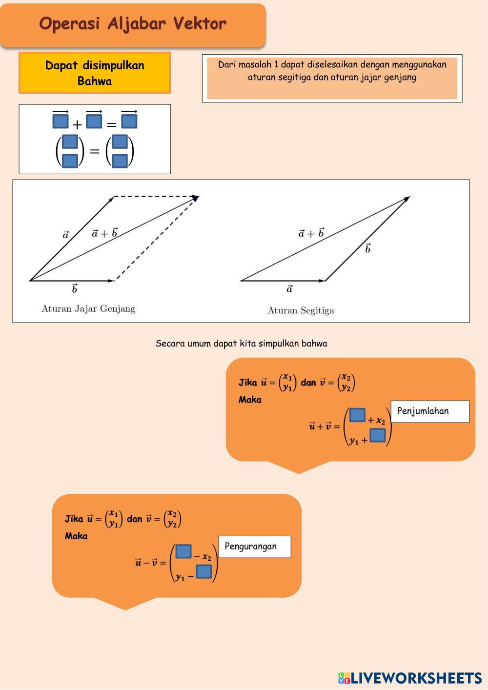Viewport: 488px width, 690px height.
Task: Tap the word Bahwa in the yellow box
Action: [x=95, y=81]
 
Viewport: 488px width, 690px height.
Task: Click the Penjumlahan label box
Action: [x=430, y=411]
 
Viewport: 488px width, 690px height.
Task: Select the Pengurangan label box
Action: [x=255, y=547]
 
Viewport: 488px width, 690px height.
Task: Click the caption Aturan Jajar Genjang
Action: [x=88, y=308]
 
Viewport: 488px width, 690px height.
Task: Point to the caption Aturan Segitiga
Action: [x=301, y=310]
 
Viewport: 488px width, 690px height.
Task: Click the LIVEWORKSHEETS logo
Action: [x=410, y=678]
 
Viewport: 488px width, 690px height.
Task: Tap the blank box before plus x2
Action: [x=357, y=415]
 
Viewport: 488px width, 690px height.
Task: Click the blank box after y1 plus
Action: [x=378, y=435]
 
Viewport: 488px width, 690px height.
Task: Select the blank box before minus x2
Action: [x=183, y=551]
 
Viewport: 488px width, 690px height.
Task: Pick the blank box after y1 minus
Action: [x=204, y=571]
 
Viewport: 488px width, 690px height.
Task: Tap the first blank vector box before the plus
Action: [x=61, y=121]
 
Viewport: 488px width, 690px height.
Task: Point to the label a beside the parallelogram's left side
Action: [x=66, y=235]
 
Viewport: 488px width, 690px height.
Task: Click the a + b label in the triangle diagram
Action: [x=311, y=233]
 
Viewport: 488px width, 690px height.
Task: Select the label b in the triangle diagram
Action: [x=367, y=249]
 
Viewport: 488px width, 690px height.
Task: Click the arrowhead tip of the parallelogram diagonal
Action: [x=197, y=198]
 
